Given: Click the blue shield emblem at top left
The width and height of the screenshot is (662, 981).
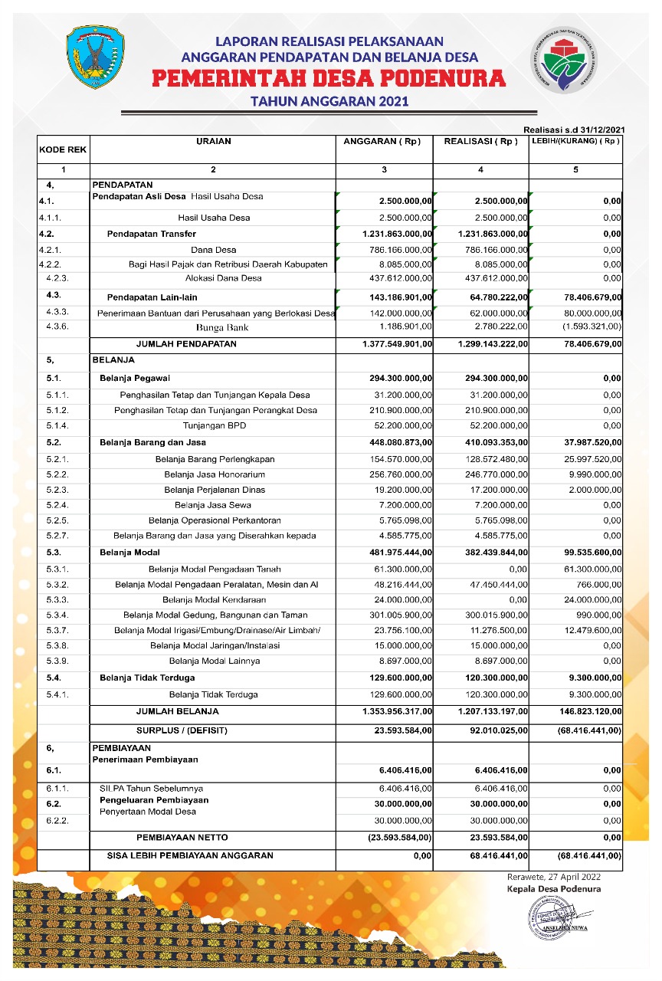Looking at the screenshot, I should click(96, 57).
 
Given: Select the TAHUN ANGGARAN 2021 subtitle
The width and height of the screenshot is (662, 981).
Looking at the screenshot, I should click(329, 101).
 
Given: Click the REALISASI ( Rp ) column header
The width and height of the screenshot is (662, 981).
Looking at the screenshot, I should click(480, 142).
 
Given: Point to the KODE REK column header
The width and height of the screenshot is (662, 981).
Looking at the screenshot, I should click(63, 150).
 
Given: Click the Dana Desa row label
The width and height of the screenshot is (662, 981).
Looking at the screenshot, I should click(214, 249).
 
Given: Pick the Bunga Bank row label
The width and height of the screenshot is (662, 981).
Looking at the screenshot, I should click(214, 327).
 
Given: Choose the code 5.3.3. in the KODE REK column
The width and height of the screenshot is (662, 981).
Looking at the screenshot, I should click(58, 599).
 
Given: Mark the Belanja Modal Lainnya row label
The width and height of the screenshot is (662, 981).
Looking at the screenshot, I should click(214, 661).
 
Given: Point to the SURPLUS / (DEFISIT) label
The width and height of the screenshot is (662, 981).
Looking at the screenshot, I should click(182, 730).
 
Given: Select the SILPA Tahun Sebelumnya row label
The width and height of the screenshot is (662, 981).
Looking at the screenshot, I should click(151, 788).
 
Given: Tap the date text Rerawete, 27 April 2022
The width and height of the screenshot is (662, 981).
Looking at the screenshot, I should click(554, 877).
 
